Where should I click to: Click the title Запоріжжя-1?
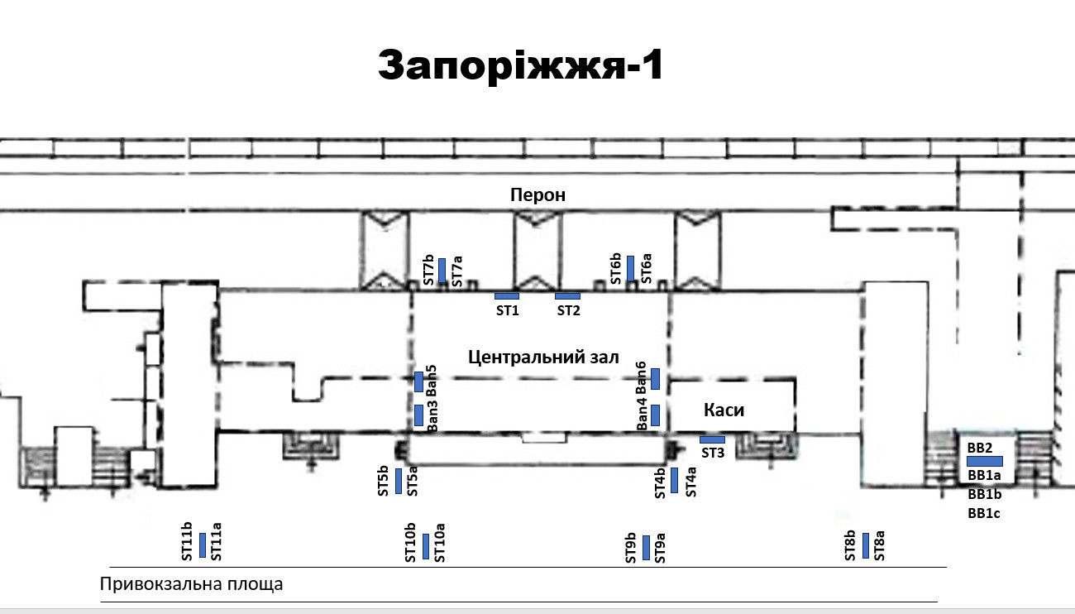[x=521, y=65]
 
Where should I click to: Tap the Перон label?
[x=537, y=195]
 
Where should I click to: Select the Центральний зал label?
[x=543, y=357]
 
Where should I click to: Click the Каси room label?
[x=724, y=410]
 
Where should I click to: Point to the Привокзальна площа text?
[x=191, y=584]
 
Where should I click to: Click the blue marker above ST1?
[x=507, y=296]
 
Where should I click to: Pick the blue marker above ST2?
[x=568, y=296]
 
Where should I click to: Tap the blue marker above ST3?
[x=712, y=439]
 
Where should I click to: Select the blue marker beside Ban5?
[x=418, y=381]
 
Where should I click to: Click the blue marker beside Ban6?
[x=655, y=379]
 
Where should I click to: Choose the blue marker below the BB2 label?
[x=984, y=462]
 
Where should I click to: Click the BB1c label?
[x=984, y=513]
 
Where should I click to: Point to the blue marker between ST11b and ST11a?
[x=203, y=545]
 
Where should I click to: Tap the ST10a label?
[x=440, y=543]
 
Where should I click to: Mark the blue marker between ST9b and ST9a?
[x=646, y=548]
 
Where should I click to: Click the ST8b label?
[x=850, y=545]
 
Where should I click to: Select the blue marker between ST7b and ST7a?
[x=442, y=271]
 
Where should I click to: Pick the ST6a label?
[x=647, y=268]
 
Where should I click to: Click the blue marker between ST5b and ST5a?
[x=399, y=481]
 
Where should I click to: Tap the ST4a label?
[x=690, y=482]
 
